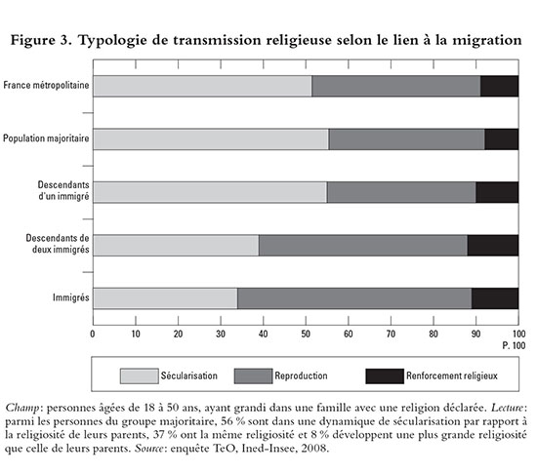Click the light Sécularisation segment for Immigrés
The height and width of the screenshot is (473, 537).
[165, 298]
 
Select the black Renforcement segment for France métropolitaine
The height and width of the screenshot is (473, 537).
[499, 86]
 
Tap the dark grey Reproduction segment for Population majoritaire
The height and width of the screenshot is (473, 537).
[407, 139]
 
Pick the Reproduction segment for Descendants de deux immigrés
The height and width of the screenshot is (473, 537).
[363, 245]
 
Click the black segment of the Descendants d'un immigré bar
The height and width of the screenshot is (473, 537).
[497, 192]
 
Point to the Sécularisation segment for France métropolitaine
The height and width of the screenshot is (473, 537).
[203, 86]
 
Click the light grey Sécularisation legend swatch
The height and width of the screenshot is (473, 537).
[139, 375]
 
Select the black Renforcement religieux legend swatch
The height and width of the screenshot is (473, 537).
[385, 375]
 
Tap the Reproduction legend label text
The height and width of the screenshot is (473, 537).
[301, 375]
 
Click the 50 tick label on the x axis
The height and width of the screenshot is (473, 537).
[306, 334]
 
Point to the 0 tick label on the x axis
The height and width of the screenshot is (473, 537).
[93, 334]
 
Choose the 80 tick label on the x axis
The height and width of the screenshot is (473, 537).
[434, 334]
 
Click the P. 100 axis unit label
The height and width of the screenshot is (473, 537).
[514, 345]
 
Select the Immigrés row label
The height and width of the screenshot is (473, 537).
[71, 297]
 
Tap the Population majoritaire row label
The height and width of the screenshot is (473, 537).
[46, 138]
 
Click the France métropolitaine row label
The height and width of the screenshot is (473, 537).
[46, 85]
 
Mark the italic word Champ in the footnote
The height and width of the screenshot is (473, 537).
[22, 409]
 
